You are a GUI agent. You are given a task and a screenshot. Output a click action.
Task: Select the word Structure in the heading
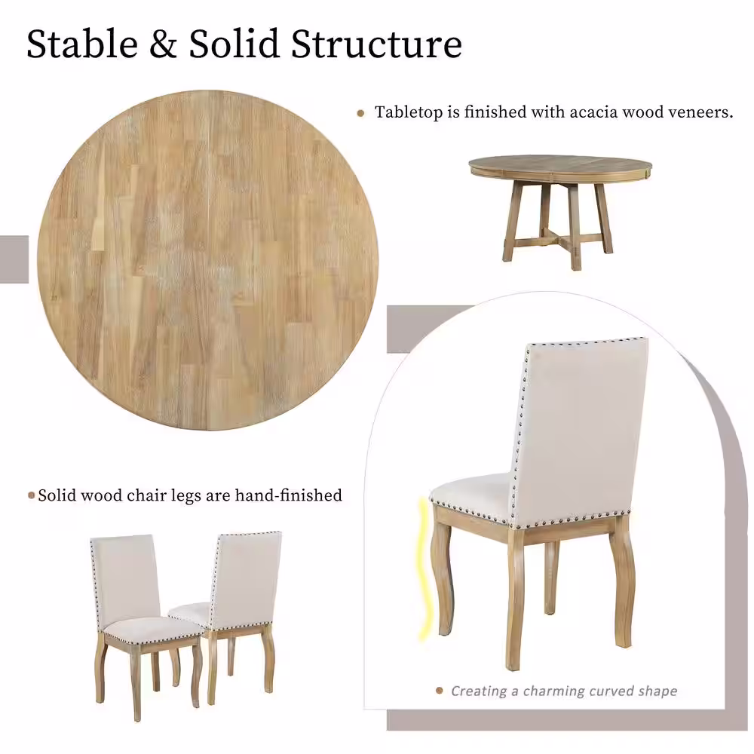click(376, 45)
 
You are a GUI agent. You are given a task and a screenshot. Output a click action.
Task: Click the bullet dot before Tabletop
click(361, 113)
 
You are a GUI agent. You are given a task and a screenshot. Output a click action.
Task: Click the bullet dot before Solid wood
click(31, 495)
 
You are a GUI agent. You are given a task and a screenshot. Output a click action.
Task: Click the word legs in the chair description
click(192, 495)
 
